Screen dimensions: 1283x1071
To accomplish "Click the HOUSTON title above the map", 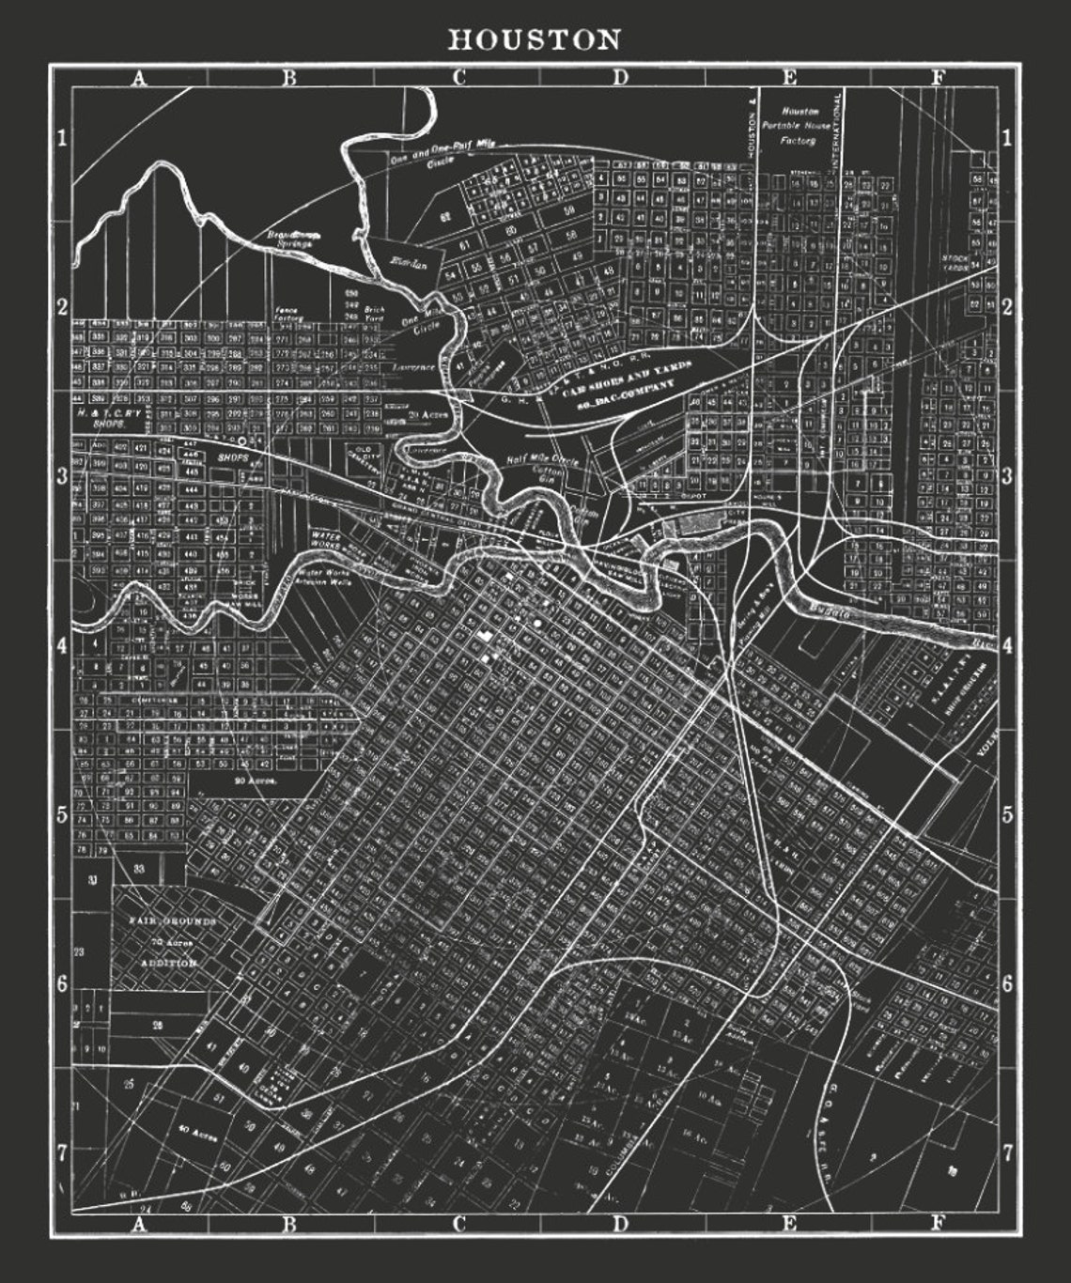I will tap(535, 39).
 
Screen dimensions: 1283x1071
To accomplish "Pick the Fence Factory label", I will tap(286, 314).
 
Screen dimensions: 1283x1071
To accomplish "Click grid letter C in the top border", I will tap(459, 78).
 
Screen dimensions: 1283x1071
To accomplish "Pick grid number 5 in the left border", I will tap(62, 814).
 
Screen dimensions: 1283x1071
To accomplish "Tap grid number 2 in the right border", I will tap(1006, 308).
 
